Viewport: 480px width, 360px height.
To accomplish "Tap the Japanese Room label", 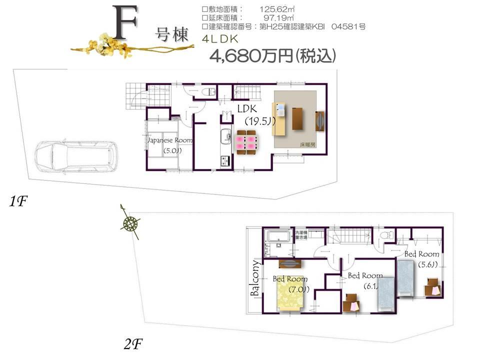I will (x=169, y=140).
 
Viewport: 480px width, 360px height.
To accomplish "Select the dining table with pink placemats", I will (x=245, y=140).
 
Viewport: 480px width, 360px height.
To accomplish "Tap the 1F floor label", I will (x=18, y=202).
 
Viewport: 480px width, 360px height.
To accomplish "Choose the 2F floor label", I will (x=133, y=343).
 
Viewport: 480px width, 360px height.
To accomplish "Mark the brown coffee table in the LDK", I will (x=298, y=119).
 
